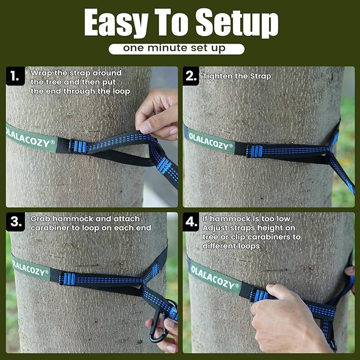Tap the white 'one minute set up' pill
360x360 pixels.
click(x=177, y=48)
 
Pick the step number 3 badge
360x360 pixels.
click(x=15, y=222)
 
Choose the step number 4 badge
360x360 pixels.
click(x=191, y=222)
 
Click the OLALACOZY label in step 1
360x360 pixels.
click(x=31, y=137)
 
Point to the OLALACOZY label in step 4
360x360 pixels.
click(x=213, y=275)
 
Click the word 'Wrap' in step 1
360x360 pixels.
click(x=41, y=72)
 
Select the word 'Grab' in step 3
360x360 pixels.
click(x=41, y=218)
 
